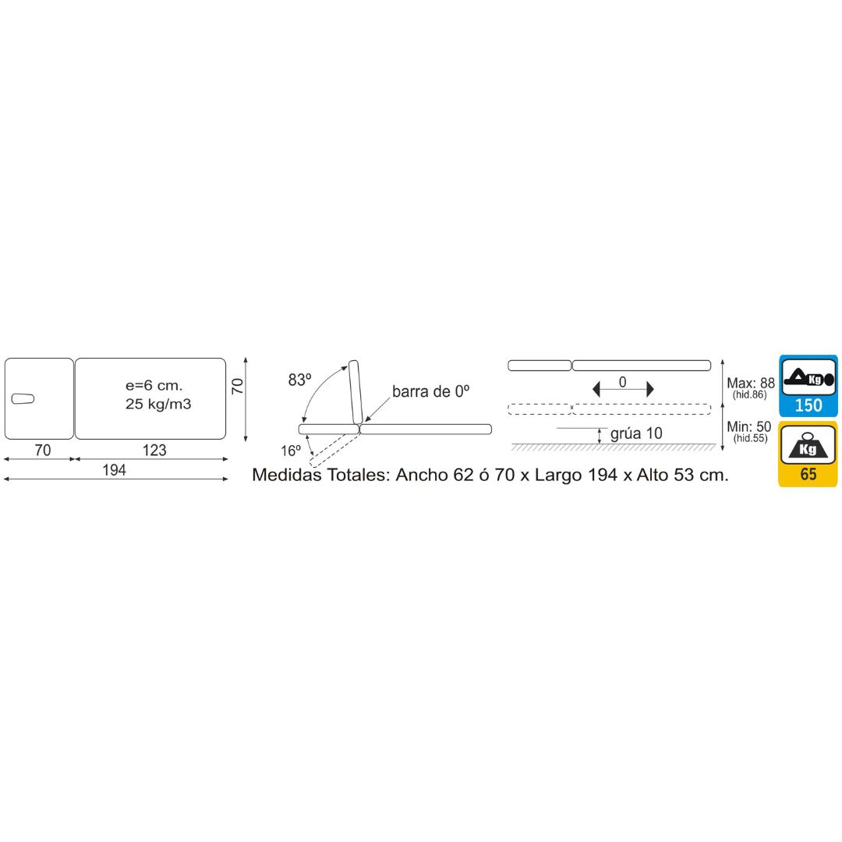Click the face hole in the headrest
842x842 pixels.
pos(23,398)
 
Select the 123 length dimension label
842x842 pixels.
pos(154,450)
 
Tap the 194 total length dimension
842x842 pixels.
pos(114,470)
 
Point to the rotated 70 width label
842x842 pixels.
pos(237,386)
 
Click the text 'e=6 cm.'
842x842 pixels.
pos(154,385)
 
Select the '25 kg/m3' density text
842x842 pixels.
pos(158,404)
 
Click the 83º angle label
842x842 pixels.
pos(299,380)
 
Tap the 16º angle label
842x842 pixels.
pos(291,451)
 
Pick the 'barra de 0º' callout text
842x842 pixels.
pos(430,391)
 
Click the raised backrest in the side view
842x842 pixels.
pos(356,392)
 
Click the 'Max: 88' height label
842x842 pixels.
pos(751,383)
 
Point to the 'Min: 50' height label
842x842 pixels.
pos(749,426)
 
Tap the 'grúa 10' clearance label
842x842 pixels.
pos(636,433)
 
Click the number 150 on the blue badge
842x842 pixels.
pos(808,405)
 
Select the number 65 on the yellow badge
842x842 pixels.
pos(808,474)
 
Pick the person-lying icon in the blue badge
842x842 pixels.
pos(808,378)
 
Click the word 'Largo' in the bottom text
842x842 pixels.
pos(558,476)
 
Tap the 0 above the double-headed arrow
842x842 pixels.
pos(622,382)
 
